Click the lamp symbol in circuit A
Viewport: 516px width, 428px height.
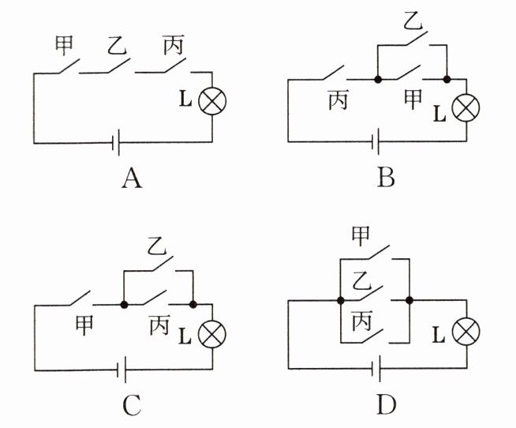212,101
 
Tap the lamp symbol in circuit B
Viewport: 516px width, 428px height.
466,107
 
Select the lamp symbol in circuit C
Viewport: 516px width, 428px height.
212,333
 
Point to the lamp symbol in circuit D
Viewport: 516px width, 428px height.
466,332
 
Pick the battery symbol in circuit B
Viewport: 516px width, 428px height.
376,141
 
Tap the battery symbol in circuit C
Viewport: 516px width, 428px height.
122,370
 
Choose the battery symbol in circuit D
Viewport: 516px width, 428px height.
376,368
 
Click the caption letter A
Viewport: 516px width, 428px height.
132,178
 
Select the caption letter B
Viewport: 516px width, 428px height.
386,177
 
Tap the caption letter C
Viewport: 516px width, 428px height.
132,405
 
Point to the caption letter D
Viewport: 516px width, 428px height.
387,404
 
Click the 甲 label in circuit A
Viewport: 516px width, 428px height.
63,46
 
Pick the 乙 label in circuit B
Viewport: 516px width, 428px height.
413,21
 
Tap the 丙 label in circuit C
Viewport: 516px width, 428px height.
160,325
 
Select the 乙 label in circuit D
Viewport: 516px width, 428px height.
361,280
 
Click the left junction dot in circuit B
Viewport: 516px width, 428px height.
378,80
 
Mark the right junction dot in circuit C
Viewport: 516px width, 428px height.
193,305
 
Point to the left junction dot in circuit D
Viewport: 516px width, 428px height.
341,301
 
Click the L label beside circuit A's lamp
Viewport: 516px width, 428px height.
185,99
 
